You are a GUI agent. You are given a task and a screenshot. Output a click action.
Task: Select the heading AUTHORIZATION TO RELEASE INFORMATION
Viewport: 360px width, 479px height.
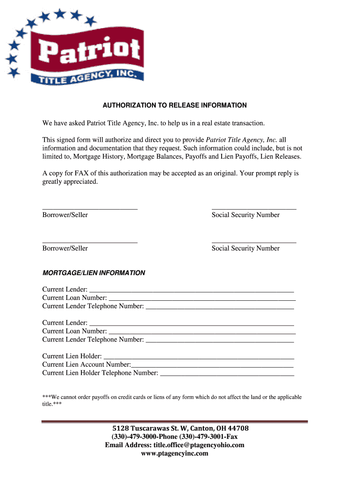coord(175,105)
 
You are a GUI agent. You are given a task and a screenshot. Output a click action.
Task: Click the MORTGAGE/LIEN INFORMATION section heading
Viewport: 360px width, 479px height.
coord(94,273)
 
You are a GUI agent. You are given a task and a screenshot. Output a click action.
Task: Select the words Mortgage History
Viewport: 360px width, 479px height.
coord(102,156)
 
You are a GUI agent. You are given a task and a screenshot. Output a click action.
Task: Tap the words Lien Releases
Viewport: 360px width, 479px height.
coord(281,156)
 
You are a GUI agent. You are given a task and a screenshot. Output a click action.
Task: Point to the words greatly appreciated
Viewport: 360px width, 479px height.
coord(70,181)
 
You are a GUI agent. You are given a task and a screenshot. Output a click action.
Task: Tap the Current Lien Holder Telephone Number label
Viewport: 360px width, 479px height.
coord(100,373)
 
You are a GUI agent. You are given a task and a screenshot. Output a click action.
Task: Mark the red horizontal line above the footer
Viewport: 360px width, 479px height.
coord(175,421)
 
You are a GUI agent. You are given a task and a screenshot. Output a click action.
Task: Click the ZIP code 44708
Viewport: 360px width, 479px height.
coord(238,428)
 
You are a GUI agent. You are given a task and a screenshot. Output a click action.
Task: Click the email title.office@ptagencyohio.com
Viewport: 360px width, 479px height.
coord(196,445)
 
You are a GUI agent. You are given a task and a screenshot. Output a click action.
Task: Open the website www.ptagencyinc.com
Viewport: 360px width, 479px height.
coord(174,453)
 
